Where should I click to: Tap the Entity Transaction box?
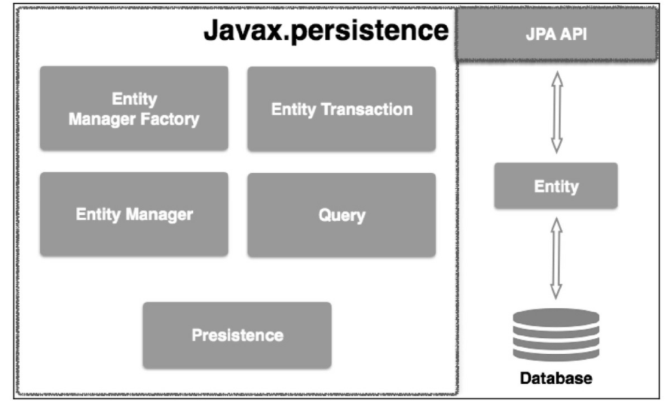[341, 109]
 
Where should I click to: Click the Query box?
[341, 215]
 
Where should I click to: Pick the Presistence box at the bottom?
[237, 335]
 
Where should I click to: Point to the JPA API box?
[556, 35]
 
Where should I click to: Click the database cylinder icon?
[556, 334]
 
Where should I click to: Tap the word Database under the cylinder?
[556, 378]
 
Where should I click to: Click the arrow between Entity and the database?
[556, 257]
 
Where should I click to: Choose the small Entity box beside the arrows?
[556, 186]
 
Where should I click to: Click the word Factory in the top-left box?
[172, 120]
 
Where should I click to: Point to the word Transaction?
[371, 109]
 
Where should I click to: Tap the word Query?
[341, 215]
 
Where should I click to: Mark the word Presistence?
[237, 335]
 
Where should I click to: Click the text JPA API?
[556, 35]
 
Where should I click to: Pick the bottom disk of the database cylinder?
[556, 354]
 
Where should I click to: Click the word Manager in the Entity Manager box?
[160, 215]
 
